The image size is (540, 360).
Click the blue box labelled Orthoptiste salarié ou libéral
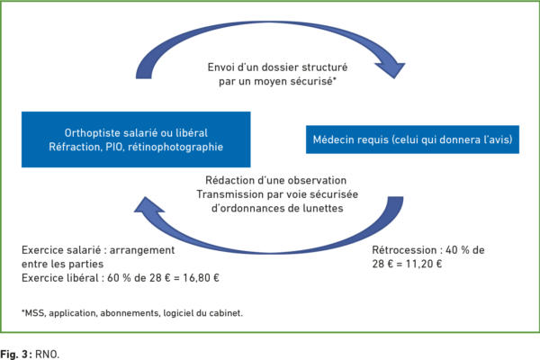[136, 139]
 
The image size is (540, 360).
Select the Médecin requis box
[412, 139]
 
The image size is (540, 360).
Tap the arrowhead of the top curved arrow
[391, 69]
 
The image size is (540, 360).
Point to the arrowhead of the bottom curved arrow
[148, 205]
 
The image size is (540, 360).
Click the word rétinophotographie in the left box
[175, 147]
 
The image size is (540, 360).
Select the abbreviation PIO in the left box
[114, 147]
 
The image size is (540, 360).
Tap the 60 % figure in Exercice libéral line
[119, 278]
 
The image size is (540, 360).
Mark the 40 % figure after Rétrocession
[457, 250]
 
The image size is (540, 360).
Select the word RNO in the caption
[47, 354]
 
